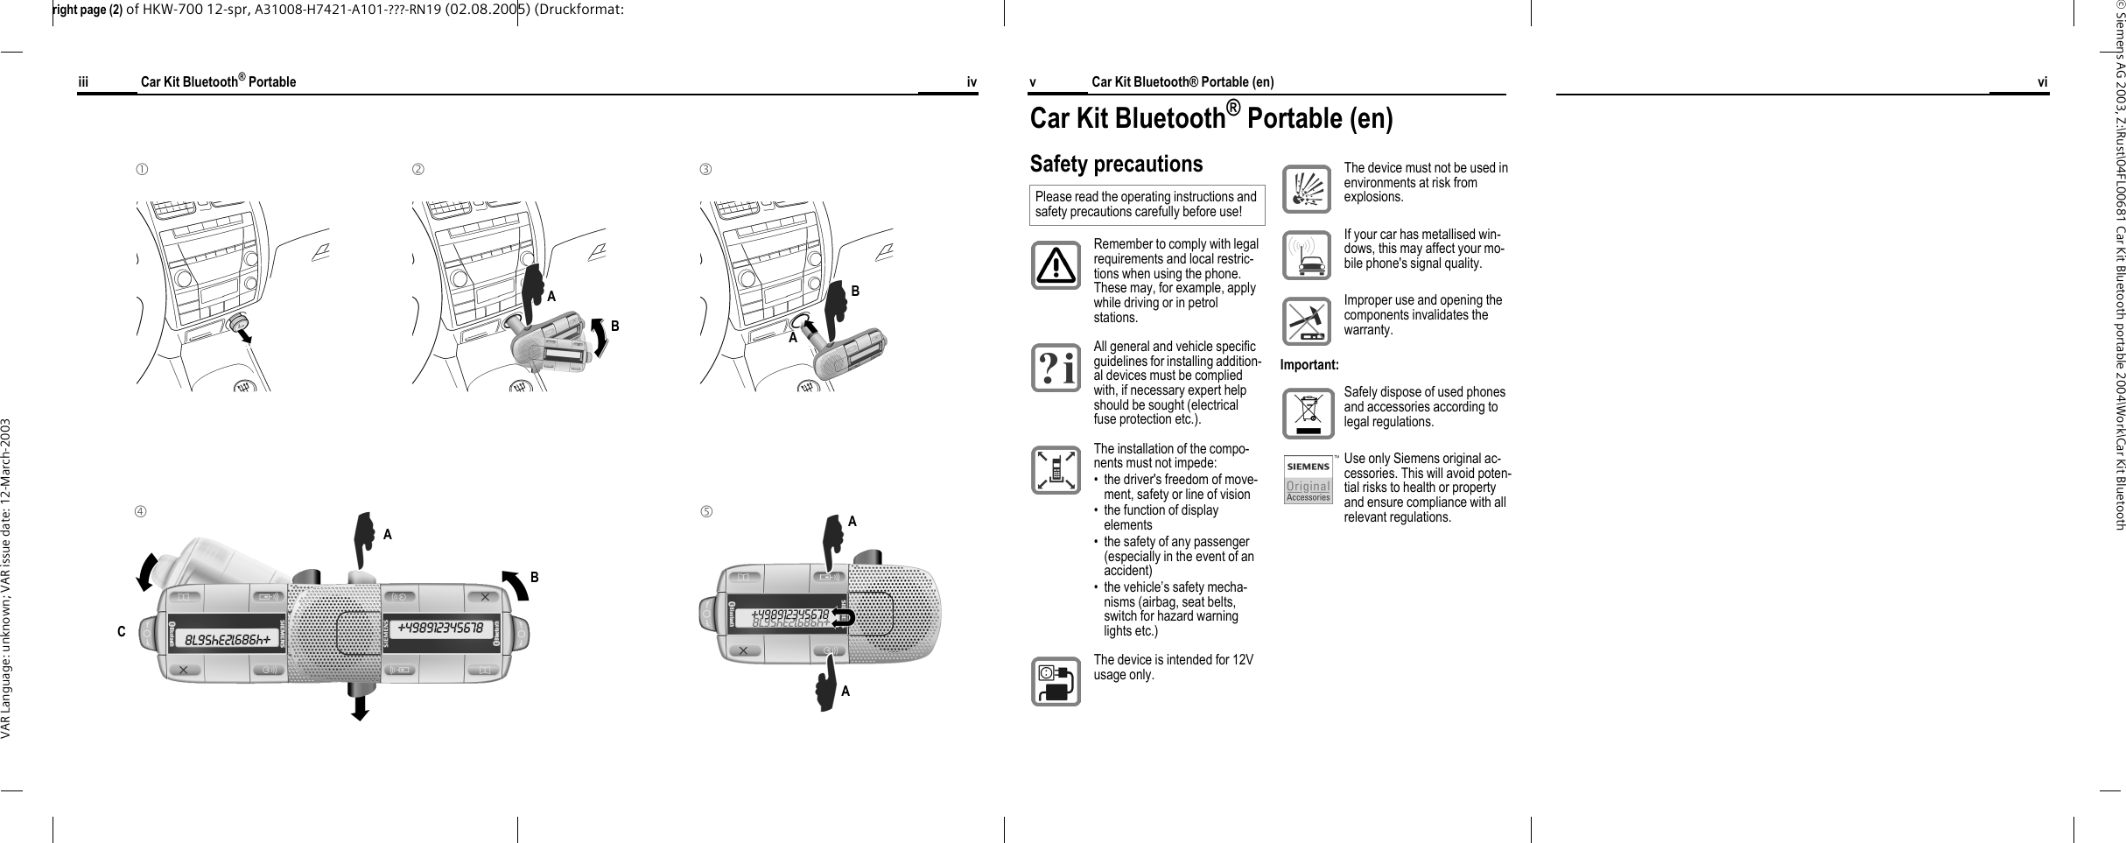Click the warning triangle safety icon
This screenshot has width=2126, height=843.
coord(1055,265)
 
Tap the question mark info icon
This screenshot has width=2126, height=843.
coord(1055,368)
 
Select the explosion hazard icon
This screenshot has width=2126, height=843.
coord(1307,189)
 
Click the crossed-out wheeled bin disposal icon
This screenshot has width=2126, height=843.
coord(1308,414)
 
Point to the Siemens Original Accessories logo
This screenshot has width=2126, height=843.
coord(1308,479)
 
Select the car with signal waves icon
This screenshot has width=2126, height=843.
coord(1307,255)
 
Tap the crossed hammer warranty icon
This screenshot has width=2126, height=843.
coord(1307,322)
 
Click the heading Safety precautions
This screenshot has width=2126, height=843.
coord(1116,165)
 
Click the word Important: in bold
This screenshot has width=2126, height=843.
coord(1309,364)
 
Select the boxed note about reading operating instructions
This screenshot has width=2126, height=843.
coord(1147,204)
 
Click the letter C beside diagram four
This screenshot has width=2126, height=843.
coord(122,631)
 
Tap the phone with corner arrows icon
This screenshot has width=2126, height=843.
coord(1055,469)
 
